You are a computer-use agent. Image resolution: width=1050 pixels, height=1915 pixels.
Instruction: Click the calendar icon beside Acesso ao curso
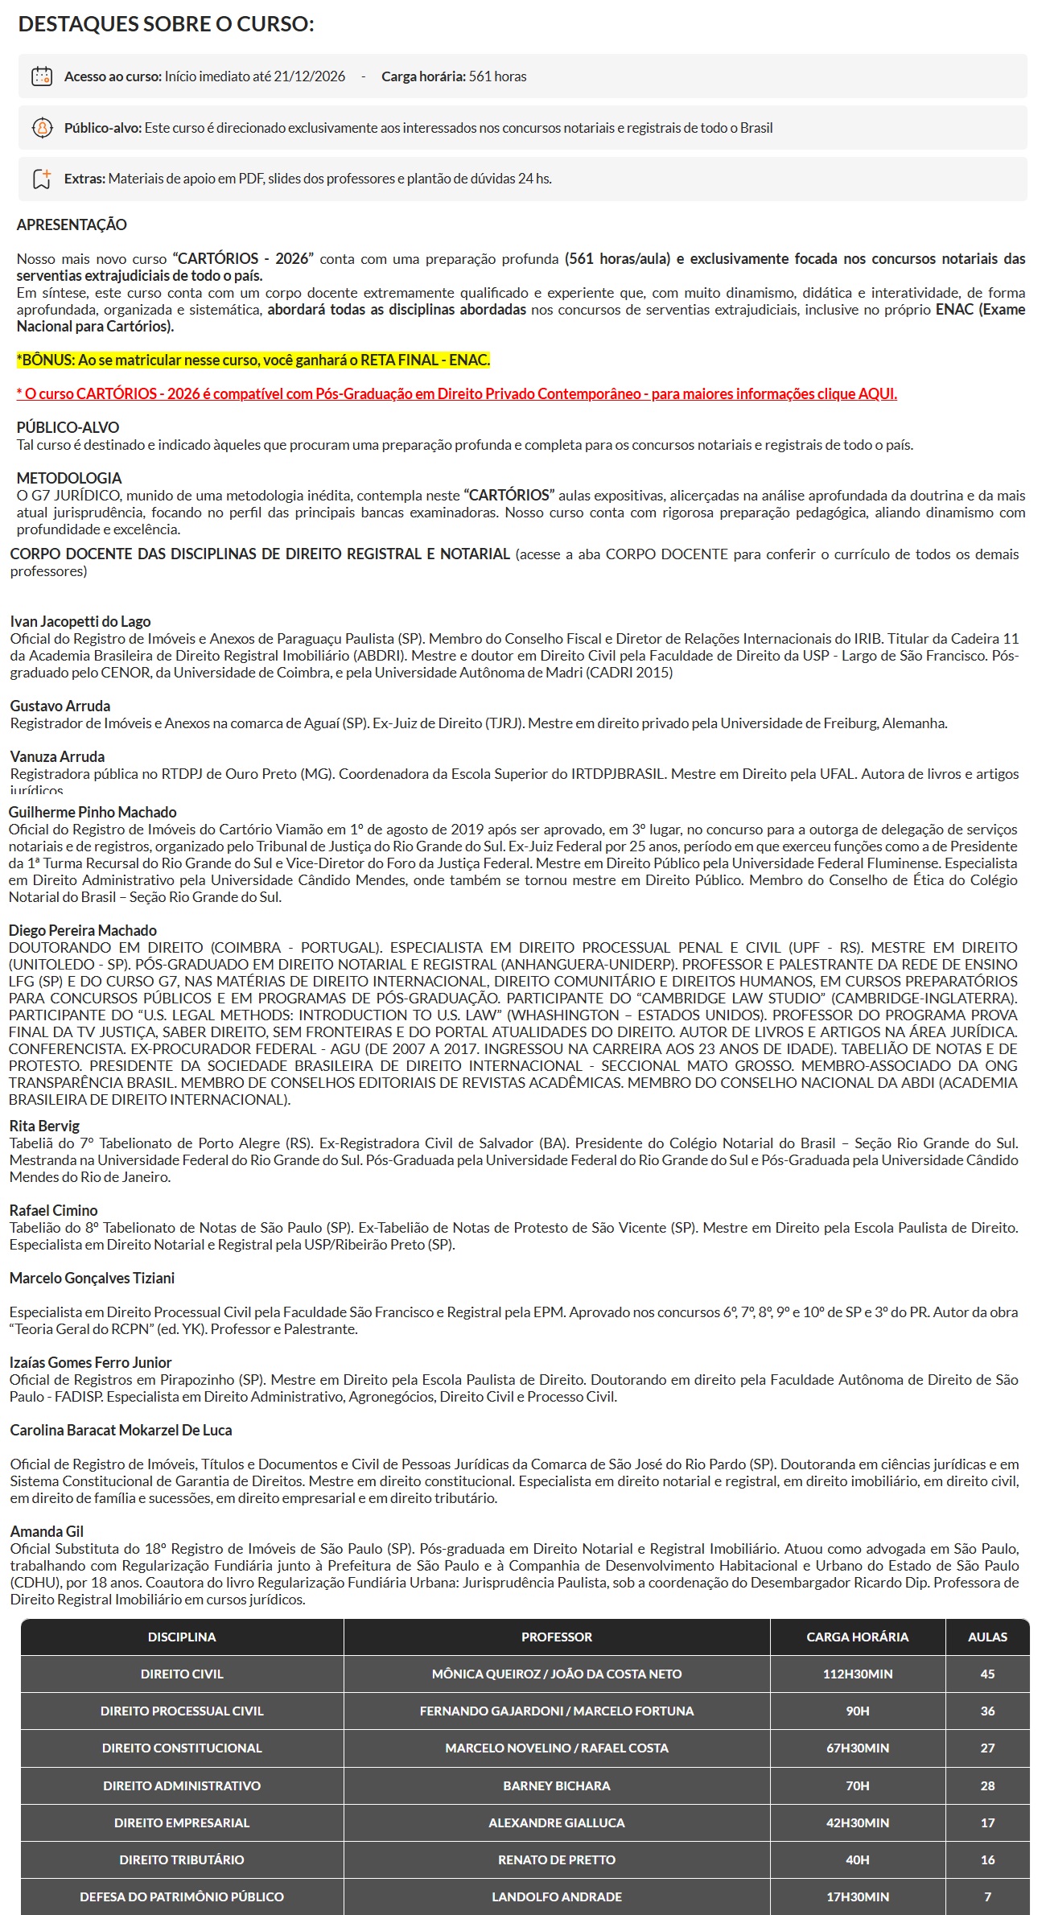click(x=41, y=76)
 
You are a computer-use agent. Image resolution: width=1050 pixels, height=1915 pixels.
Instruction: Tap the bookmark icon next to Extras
click(x=41, y=179)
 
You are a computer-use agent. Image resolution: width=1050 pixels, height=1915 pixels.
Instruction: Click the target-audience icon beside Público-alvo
click(x=41, y=128)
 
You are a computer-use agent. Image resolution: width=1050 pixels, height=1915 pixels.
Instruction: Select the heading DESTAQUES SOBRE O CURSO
click(x=166, y=24)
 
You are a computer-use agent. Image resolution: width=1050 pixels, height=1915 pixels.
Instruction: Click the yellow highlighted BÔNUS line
click(x=253, y=360)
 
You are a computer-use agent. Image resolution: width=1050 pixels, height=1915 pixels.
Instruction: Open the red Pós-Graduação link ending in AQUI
click(x=456, y=393)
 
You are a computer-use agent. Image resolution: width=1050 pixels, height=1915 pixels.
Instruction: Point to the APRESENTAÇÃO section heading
click(x=72, y=224)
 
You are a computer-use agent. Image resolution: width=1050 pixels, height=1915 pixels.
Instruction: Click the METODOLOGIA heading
click(x=69, y=478)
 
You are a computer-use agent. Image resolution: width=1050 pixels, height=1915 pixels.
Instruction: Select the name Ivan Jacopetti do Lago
click(x=80, y=621)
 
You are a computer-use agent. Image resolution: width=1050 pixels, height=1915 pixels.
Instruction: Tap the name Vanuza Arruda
click(x=57, y=756)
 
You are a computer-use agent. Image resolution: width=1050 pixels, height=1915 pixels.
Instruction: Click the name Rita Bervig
click(x=44, y=1126)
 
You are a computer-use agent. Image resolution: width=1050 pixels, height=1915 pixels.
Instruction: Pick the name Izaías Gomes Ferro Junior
click(x=91, y=1362)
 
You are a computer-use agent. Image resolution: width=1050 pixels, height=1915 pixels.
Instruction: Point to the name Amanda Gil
click(x=47, y=1531)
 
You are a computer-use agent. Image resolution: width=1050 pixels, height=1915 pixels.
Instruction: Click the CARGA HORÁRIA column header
click(x=857, y=1637)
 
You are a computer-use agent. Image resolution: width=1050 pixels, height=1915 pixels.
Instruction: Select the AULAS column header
click(x=987, y=1637)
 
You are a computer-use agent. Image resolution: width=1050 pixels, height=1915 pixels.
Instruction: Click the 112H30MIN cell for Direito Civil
click(x=857, y=1674)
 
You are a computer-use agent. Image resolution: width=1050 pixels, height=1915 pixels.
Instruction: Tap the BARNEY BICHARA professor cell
click(x=556, y=1785)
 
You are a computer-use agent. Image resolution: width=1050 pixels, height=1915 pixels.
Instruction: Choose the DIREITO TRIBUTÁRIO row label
click(x=182, y=1859)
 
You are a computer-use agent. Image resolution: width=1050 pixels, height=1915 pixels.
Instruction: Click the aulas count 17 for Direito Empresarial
click(x=987, y=1822)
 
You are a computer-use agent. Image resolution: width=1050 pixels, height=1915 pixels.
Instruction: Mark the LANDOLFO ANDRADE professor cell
click(x=556, y=1896)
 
